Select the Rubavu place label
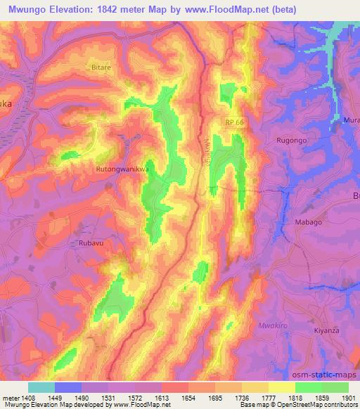(x=82, y=243)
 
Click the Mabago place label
(x=307, y=222)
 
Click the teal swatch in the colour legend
(x=41, y=387)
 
